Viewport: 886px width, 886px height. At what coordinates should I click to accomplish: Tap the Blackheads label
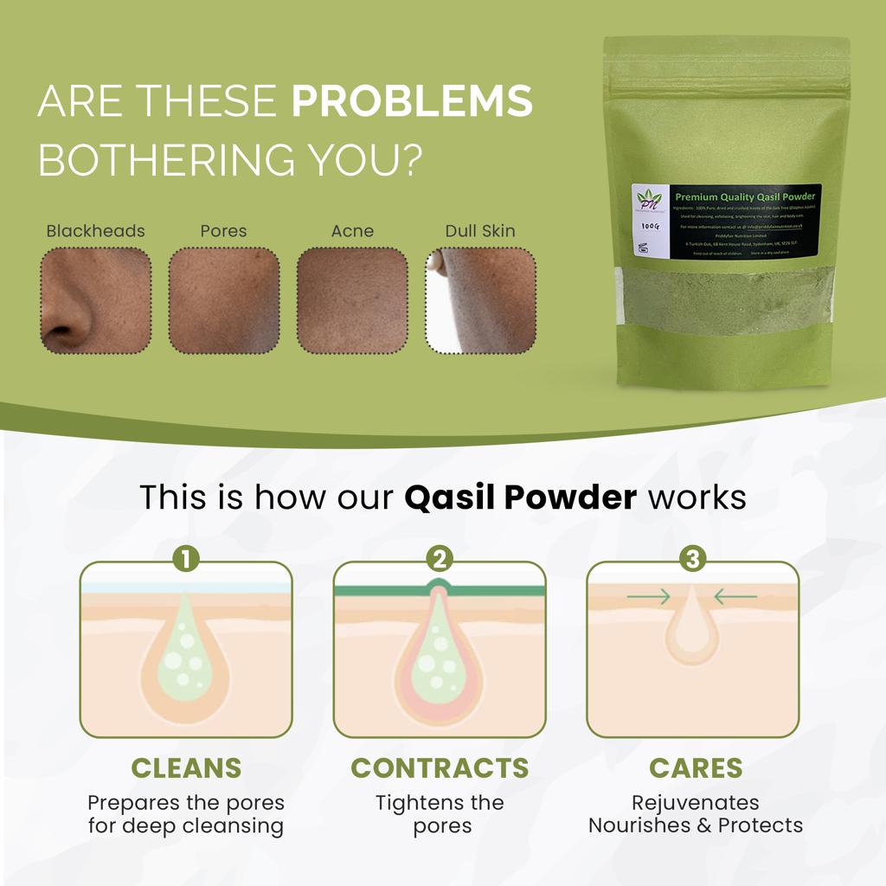coord(95,231)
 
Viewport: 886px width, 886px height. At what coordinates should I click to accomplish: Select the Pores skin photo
coord(224,300)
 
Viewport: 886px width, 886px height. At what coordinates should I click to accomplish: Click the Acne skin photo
coord(352,300)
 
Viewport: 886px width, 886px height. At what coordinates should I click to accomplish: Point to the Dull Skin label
coord(480,231)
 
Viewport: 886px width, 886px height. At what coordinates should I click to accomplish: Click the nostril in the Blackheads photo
coord(62,331)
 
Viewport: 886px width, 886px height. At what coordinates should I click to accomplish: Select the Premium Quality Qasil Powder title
coord(745,197)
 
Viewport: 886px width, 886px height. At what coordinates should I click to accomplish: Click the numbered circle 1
coord(186,560)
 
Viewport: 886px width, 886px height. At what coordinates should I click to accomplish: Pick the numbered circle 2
coord(440,560)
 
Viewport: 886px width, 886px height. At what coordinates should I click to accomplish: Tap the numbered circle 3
coord(692,560)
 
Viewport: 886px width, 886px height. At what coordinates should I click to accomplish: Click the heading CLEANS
coord(186,767)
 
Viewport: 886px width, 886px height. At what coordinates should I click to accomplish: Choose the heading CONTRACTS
coord(440,767)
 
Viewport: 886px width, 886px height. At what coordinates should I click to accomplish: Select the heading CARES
coord(696,767)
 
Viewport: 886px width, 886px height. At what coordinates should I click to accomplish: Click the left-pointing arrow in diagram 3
coord(736,596)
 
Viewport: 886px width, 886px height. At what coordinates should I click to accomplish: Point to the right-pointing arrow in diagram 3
coord(648,596)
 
